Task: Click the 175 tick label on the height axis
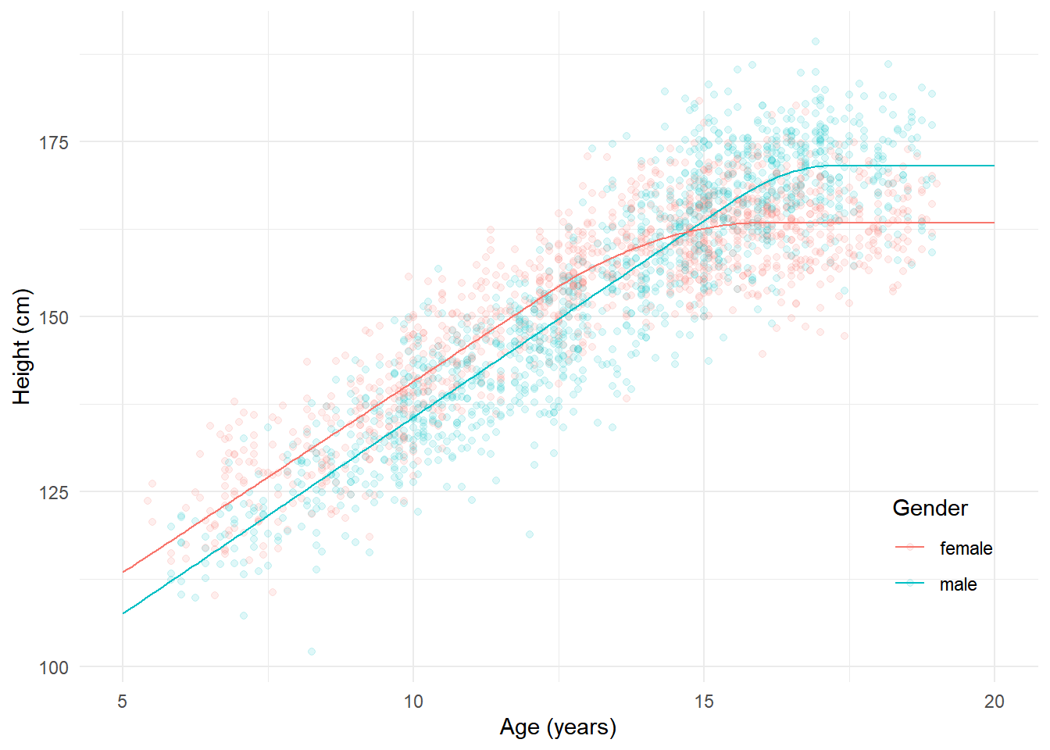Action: point(54,143)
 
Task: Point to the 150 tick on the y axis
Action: point(54,318)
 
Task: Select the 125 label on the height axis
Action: point(54,493)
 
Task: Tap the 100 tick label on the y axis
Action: point(54,668)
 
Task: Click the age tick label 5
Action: point(123,702)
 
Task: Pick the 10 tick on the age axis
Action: point(413,702)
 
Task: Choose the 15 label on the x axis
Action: point(704,702)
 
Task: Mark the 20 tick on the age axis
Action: point(995,702)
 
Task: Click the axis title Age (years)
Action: point(558,727)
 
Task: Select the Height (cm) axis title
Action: point(22,347)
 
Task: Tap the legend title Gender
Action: point(930,509)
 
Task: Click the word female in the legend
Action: point(966,548)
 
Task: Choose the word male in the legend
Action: point(958,584)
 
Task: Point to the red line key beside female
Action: point(910,548)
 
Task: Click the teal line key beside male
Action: point(910,584)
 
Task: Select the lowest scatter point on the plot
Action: point(312,652)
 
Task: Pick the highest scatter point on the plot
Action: point(815,41)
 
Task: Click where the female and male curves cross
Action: point(687,229)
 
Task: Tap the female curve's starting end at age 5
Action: point(123,572)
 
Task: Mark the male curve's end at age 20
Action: point(994,166)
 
